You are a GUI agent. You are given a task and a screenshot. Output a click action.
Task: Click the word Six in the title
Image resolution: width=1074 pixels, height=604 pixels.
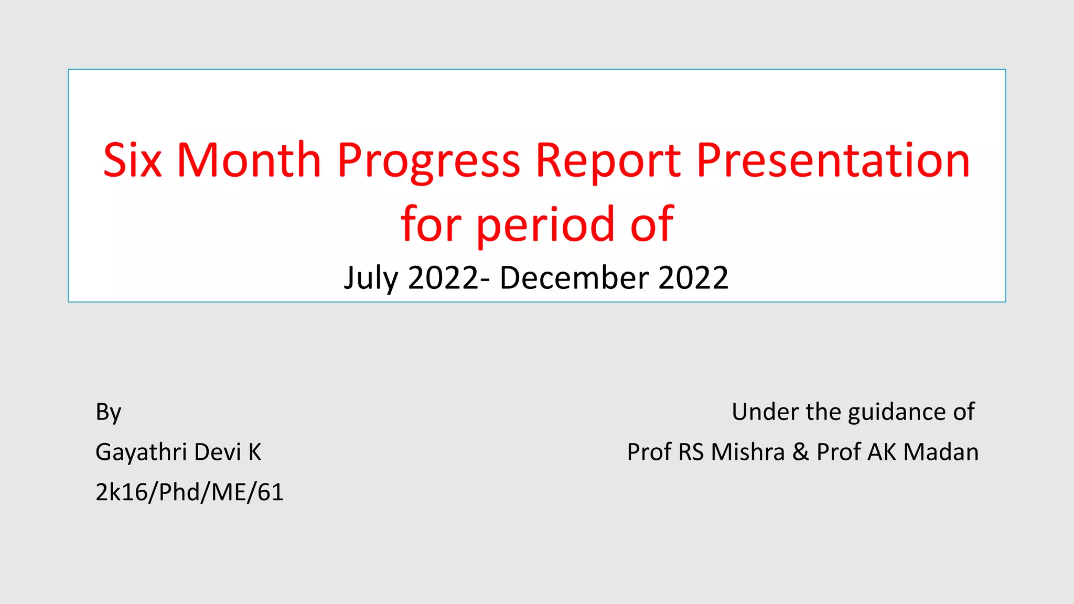point(132,160)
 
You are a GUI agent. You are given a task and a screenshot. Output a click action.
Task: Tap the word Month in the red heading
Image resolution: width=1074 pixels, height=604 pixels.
point(249,160)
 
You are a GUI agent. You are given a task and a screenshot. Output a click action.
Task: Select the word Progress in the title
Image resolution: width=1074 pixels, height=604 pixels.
point(428,163)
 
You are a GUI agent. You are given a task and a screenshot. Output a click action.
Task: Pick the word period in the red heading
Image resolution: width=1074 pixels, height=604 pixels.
point(545,225)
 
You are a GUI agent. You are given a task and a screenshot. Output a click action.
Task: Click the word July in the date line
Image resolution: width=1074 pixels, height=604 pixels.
point(371,278)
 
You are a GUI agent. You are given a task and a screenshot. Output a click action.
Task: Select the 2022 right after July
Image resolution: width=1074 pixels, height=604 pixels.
point(443,278)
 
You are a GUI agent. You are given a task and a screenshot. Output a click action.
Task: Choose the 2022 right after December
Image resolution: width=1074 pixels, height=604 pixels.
point(693,278)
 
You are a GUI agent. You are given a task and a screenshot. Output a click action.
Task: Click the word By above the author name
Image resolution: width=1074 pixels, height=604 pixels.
point(109,413)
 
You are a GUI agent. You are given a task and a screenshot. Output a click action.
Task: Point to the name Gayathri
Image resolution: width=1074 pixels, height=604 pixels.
point(141,452)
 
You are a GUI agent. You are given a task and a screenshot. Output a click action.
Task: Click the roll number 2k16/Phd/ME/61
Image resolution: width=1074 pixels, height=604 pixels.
point(189,492)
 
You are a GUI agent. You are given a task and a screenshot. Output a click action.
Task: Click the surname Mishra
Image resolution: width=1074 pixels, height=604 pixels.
point(748,452)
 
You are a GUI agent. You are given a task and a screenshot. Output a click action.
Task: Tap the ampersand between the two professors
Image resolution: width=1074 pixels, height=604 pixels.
point(800,452)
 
